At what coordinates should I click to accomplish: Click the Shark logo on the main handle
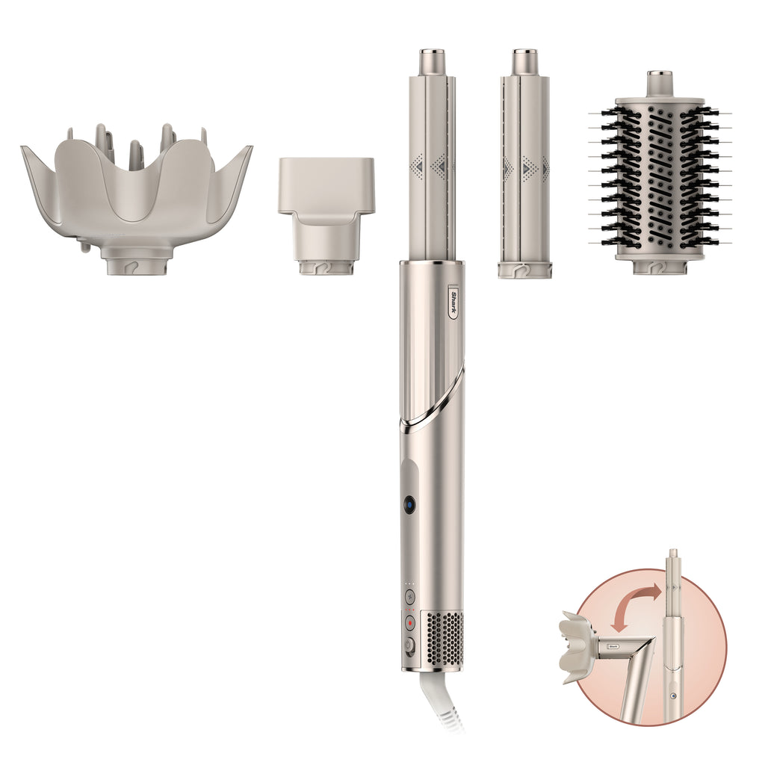452,303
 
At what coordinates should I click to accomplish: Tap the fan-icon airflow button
409,597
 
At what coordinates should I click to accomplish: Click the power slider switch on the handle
409,647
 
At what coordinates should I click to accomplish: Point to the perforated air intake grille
444,639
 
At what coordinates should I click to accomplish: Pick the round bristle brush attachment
660,179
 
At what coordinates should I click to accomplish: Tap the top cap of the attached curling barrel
432,60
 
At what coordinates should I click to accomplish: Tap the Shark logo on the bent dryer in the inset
613,647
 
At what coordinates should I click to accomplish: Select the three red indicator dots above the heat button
409,609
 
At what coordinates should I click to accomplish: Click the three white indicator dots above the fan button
409,584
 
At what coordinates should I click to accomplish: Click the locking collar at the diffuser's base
137,266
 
